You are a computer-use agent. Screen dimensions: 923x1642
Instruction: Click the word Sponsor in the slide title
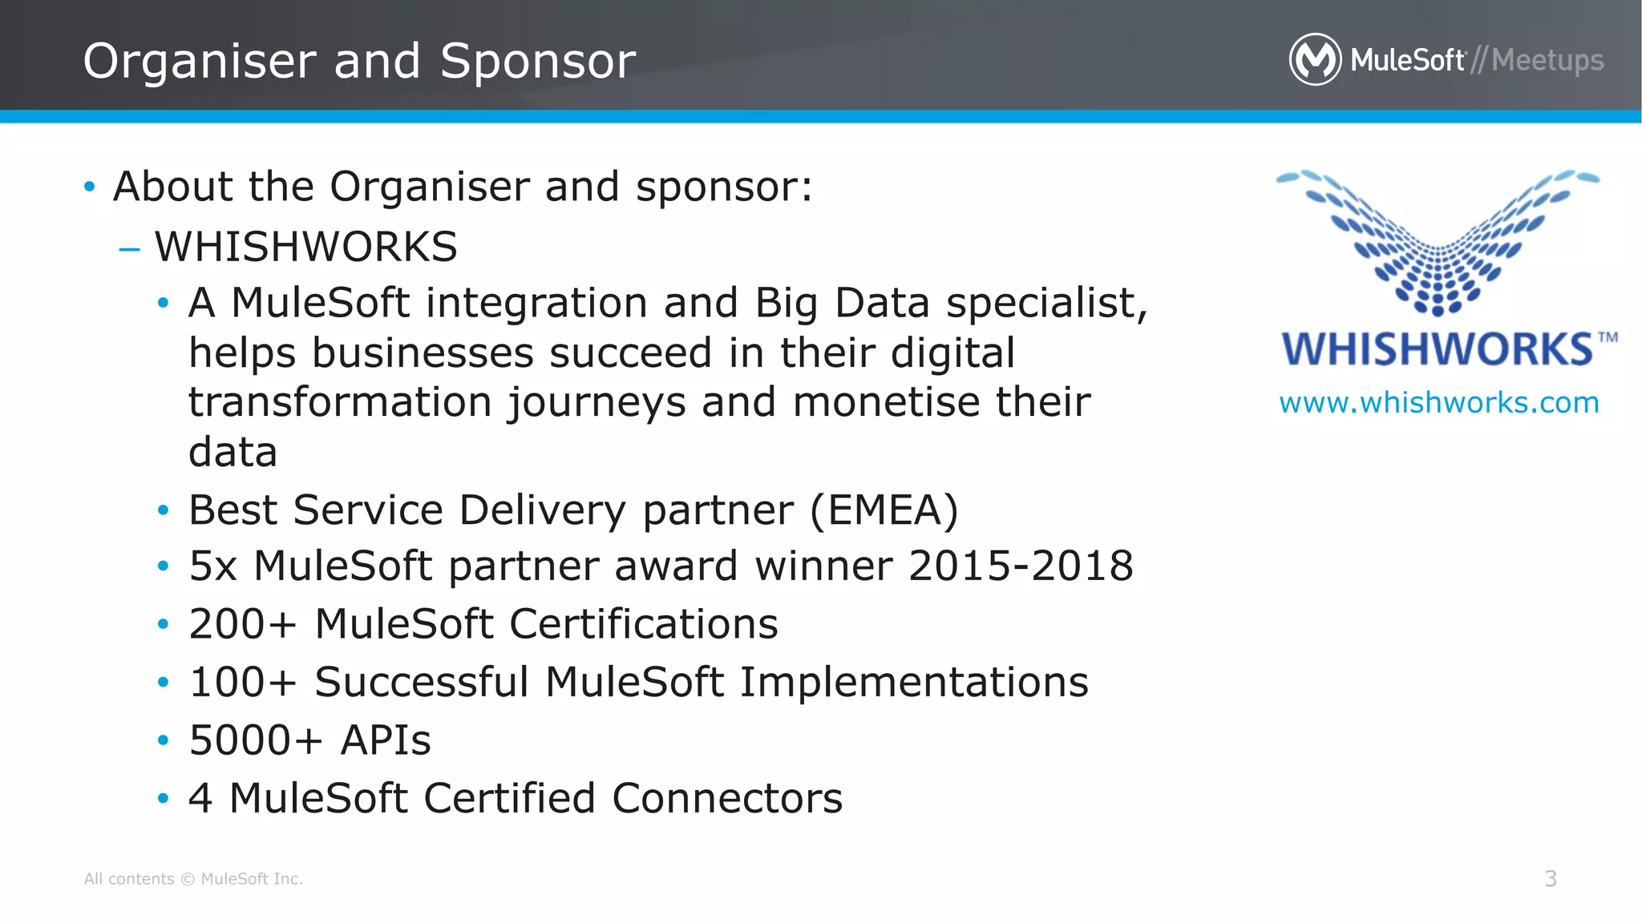537,62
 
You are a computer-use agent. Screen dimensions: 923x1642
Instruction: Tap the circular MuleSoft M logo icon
1315,59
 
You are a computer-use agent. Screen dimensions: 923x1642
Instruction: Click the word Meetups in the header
1547,60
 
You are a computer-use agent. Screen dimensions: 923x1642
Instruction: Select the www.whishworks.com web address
1439,402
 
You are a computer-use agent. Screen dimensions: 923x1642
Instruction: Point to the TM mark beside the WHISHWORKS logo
1608,337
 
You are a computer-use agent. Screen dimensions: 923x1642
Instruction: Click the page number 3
1551,879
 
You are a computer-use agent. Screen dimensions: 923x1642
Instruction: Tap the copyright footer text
193,879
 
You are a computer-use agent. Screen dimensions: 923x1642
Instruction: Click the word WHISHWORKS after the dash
305,247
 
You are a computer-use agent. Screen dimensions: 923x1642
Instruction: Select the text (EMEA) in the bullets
884,510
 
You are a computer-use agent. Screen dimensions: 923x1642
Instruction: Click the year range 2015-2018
1021,566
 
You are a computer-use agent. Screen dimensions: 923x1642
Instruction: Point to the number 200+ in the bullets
242,624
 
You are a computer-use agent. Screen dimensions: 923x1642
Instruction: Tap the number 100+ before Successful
242,683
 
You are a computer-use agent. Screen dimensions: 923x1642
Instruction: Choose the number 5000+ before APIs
255,740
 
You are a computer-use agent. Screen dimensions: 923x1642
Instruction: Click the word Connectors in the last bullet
727,799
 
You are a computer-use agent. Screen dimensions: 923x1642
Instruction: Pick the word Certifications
643,624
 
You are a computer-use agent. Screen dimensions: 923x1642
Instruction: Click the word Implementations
914,683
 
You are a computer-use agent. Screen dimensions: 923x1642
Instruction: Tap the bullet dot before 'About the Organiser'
89,187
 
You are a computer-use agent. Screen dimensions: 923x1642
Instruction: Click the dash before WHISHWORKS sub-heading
128,249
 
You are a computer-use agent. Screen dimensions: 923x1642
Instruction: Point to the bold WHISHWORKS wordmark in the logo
1437,349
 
